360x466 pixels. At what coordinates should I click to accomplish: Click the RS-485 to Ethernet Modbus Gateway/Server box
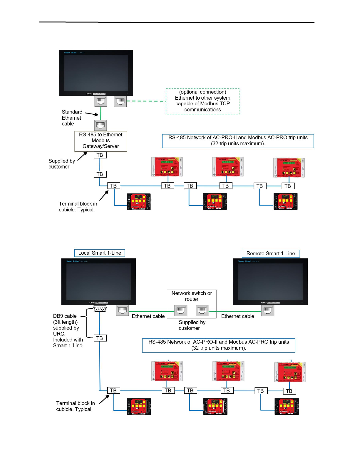pos(101,141)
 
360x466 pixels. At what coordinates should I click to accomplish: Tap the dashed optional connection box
pos(202,101)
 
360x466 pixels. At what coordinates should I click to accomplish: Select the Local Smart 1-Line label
pos(100,253)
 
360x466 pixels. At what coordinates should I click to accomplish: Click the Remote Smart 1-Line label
pos(271,254)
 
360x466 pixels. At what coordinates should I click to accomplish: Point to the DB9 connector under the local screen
pos(100,308)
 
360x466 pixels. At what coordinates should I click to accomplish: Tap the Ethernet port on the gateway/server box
pos(101,125)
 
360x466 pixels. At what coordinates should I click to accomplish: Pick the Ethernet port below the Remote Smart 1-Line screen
pos(268,310)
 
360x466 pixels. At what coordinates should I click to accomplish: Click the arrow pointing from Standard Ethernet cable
pos(92,114)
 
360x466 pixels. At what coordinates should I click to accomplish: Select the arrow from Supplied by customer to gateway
pos(82,156)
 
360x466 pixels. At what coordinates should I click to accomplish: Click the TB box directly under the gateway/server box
pos(100,155)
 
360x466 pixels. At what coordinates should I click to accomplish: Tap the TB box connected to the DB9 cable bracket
pos(100,338)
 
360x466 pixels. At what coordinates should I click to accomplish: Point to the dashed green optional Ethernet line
pos(145,101)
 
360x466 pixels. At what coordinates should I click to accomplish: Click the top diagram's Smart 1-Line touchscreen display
pos(96,73)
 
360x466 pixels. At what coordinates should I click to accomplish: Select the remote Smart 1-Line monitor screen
pos(270,281)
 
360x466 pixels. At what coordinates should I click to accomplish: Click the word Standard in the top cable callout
pos(72,112)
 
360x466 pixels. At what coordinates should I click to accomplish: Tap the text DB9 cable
pos(65,316)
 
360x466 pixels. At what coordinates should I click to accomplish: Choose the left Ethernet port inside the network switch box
pos(181,310)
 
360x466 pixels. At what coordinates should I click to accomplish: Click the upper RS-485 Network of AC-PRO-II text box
pos(238,141)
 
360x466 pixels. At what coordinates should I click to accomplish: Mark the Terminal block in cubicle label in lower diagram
pos(75,406)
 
